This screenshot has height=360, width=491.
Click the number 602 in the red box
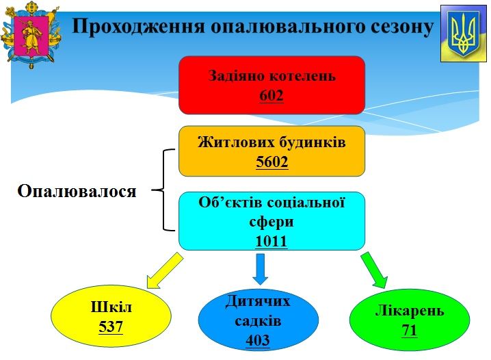(271, 95)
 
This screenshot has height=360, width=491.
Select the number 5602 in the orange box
(271, 162)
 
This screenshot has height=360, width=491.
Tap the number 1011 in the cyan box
(271, 241)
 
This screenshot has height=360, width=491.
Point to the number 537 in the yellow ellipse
(111, 326)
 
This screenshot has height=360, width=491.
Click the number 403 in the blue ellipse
(258, 340)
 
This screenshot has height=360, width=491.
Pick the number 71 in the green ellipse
(409, 331)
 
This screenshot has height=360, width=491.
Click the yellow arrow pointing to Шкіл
(165, 271)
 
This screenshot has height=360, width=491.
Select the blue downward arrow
(261, 269)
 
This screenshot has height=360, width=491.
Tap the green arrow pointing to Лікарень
(375, 270)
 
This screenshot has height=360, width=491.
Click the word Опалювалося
(77, 191)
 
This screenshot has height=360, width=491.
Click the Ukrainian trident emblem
(464, 34)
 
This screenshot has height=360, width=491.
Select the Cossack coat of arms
(31, 34)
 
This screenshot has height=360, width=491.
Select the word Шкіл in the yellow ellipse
(111, 307)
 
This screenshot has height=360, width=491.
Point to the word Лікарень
(410, 311)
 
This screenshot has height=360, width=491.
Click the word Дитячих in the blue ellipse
(258, 301)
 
